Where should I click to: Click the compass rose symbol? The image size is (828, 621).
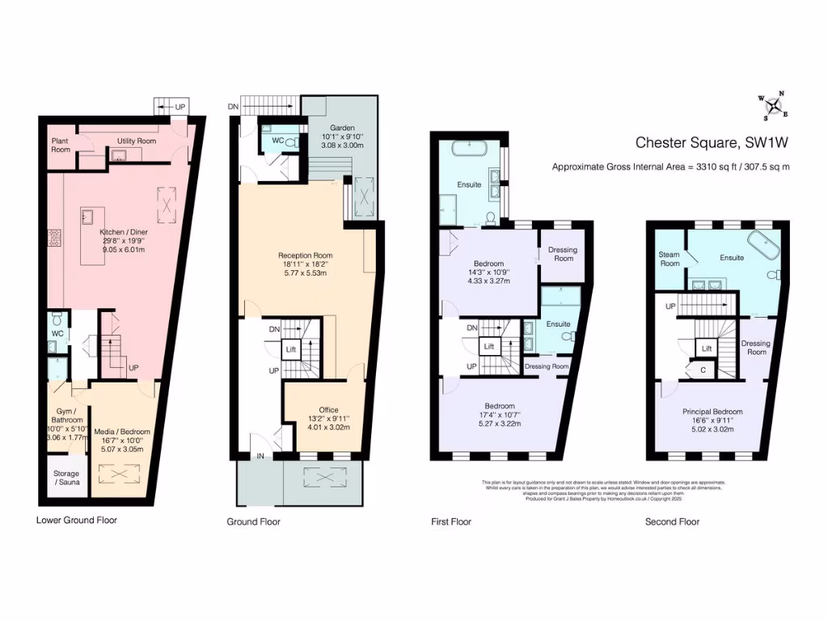click(775, 105)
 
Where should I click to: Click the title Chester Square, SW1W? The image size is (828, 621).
click(711, 143)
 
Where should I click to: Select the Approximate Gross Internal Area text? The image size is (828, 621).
click(670, 167)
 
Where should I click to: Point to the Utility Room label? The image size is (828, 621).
click(137, 141)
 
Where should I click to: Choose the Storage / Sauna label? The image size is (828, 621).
click(66, 478)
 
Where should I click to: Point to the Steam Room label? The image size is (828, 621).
click(670, 258)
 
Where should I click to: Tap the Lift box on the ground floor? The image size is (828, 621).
click(290, 349)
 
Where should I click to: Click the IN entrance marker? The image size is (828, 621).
click(260, 456)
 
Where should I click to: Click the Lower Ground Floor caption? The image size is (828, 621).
click(77, 520)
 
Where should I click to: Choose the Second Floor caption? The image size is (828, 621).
click(672, 522)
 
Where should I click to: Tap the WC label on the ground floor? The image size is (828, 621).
click(277, 140)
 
